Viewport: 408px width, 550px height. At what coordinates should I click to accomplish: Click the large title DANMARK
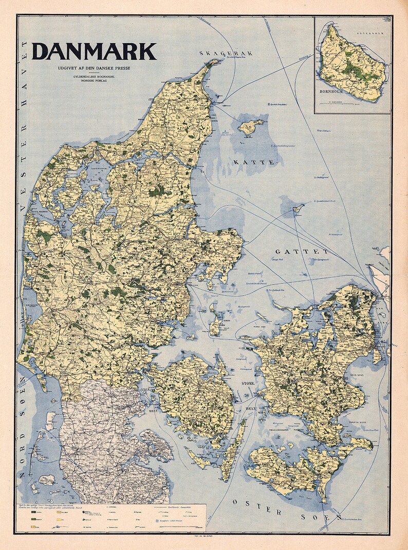(x=94, y=52)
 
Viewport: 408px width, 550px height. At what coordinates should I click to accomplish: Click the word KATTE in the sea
(x=254, y=162)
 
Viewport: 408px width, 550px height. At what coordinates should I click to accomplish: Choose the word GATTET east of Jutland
(x=302, y=252)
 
